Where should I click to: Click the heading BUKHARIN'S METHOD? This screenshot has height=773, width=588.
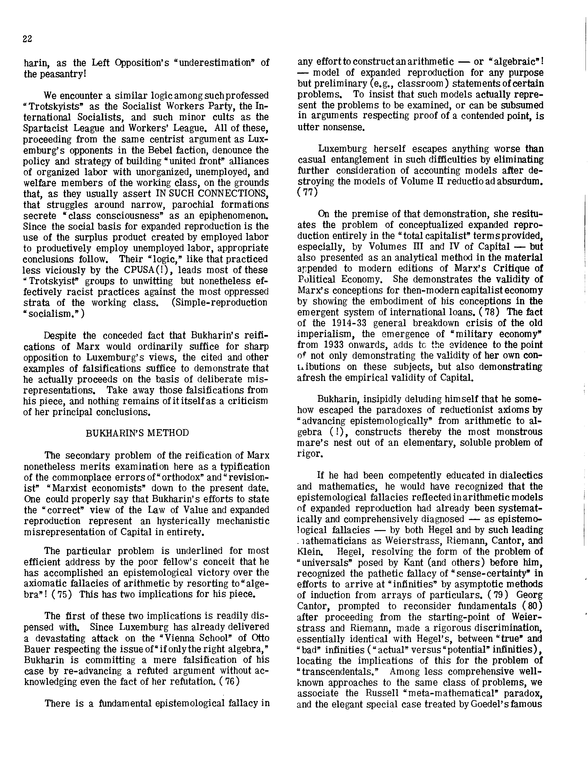[137, 433]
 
